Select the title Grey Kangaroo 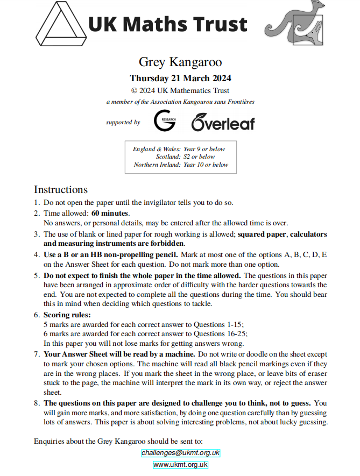tap(180, 62)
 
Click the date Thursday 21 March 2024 tap(180, 78)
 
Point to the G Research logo tap(164, 120)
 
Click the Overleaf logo tap(223, 122)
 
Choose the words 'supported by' tap(123, 123)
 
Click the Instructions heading tap(60, 189)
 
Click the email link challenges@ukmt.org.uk tap(180, 453)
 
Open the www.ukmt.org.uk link tap(180, 465)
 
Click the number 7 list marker tap(37, 354)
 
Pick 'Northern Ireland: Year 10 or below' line tap(181, 165)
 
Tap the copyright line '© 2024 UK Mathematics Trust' tap(180, 90)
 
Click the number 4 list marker tap(37, 254)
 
